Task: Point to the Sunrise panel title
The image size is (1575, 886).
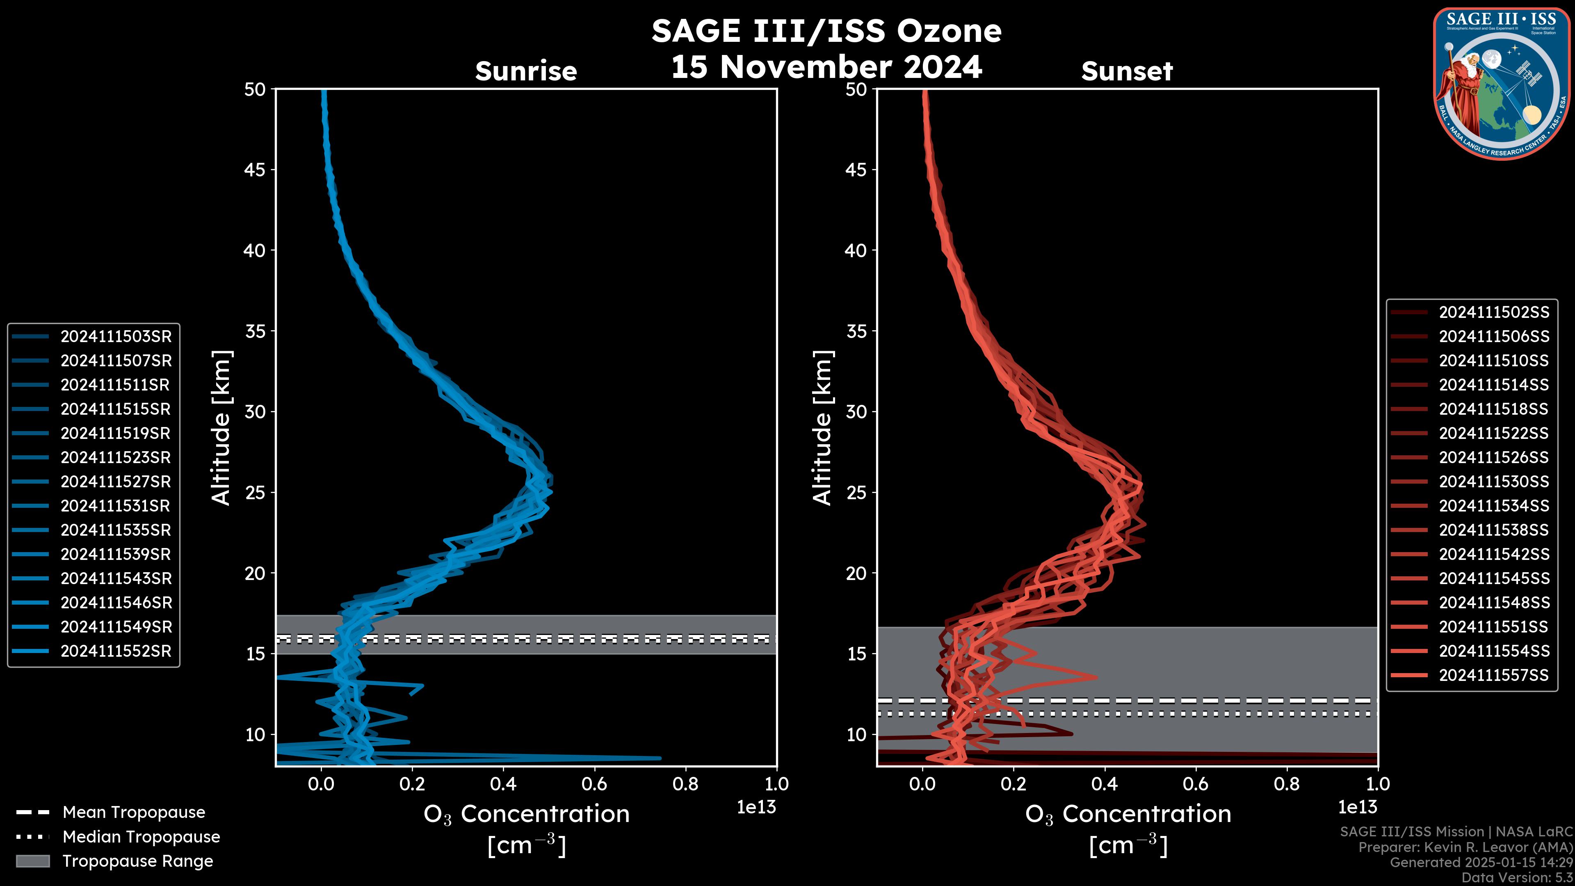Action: click(526, 71)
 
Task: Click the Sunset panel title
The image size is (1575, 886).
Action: click(1127, 71)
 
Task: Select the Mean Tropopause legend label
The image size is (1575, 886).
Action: click(134, 812)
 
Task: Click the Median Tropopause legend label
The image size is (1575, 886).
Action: click(141, 836)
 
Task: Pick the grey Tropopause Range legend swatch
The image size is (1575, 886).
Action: click(32, 861)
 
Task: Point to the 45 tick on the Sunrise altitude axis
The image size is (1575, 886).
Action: click(255, 169)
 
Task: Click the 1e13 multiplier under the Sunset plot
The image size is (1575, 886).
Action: click(1357, 807)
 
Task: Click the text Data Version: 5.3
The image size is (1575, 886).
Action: click(1517, 877)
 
